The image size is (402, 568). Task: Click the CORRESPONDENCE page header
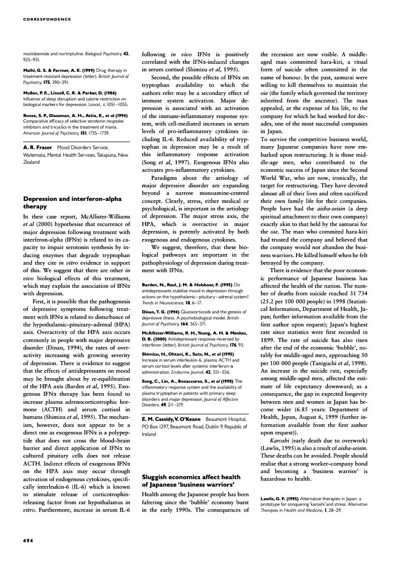47,20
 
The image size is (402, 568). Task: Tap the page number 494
28,540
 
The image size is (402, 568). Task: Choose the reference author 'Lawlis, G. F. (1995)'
280,499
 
